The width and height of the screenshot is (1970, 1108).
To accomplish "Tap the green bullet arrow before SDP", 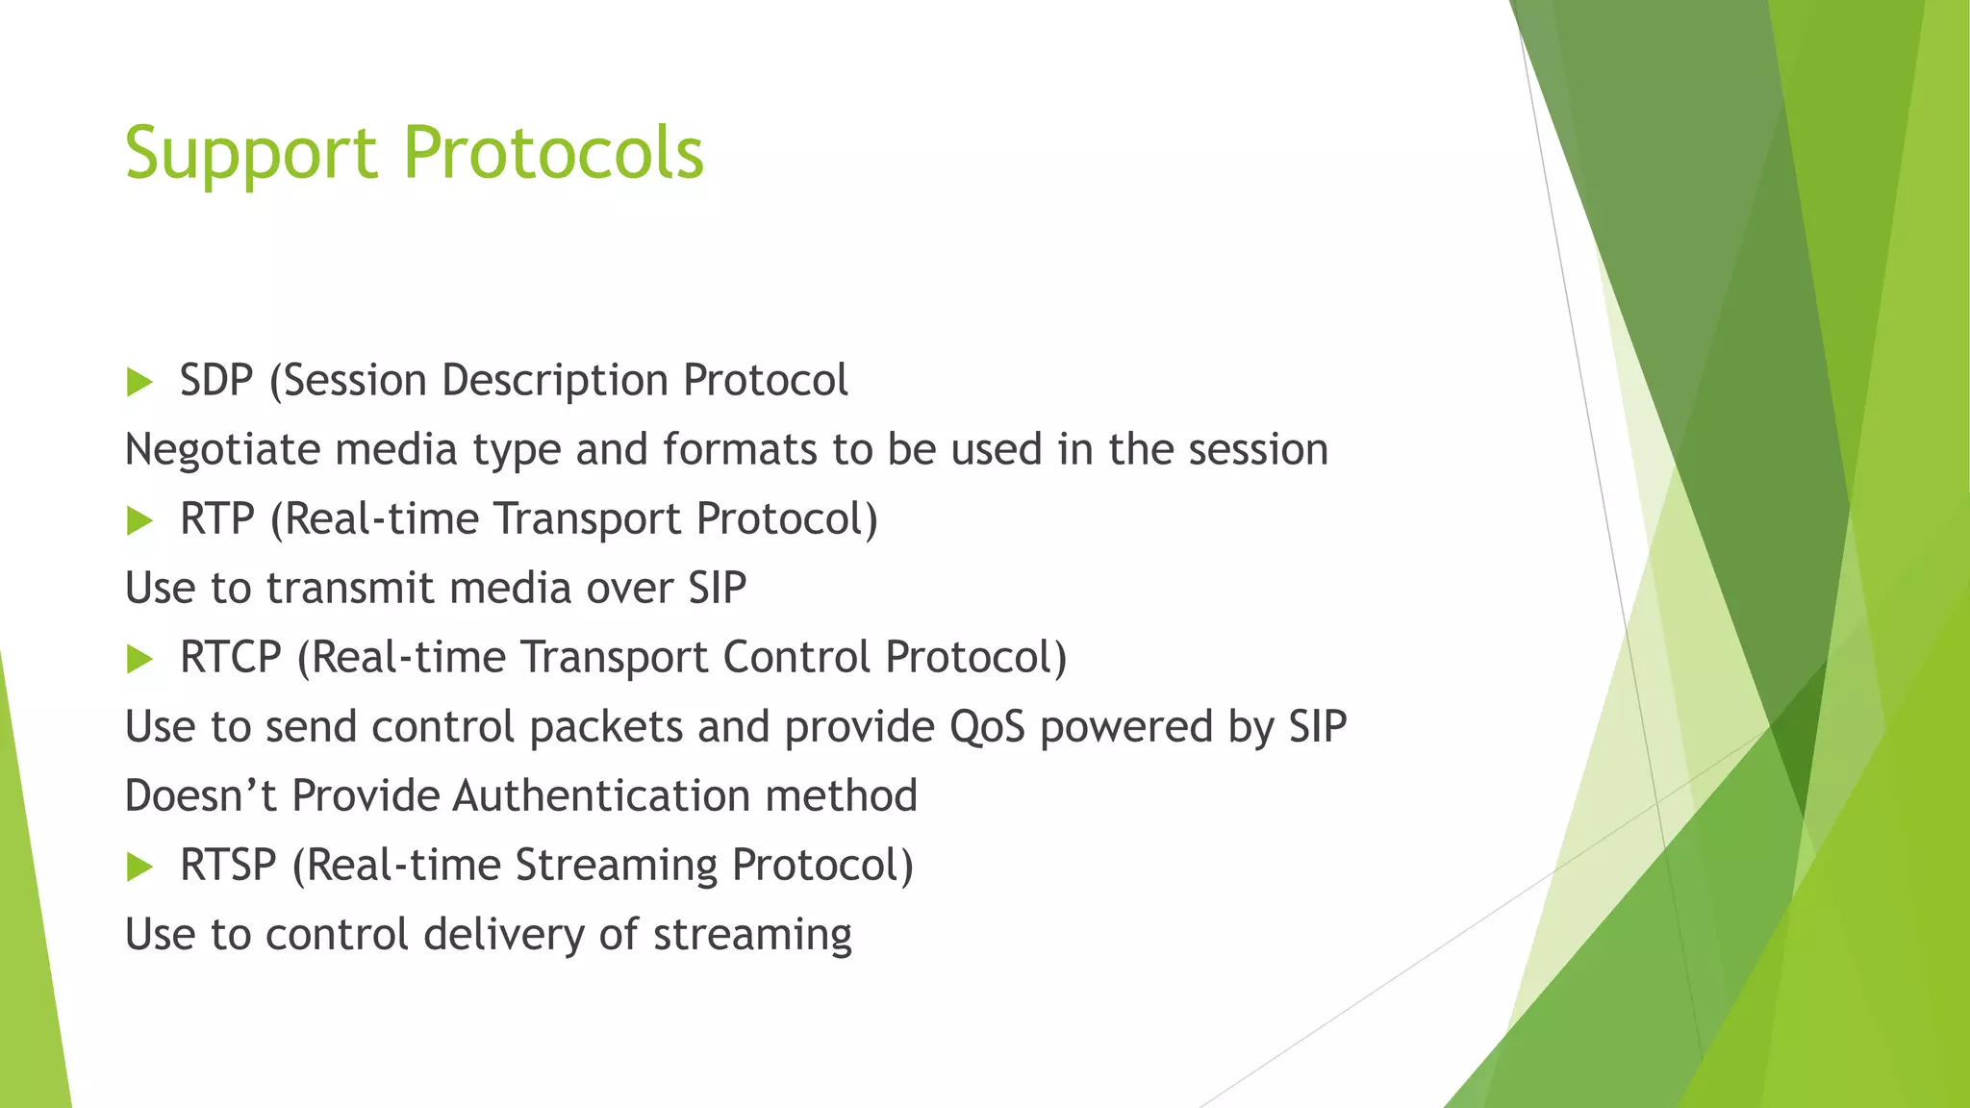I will [x=139, y=382].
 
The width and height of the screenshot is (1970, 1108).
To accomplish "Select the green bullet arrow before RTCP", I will [x=139, y=659].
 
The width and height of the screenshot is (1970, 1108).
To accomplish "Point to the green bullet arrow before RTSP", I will [x=139, y=867].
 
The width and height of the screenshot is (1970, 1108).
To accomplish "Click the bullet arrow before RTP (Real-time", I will [x=139, y=520].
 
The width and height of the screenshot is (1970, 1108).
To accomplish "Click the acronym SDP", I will [x=216, y=380].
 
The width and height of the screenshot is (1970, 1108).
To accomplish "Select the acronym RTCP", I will [x=230, y=657].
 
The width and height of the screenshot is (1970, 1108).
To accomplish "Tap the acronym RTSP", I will [x=228, y=865].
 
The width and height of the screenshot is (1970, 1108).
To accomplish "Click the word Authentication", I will [x=601, y=795].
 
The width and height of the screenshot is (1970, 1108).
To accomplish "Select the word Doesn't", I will [x=201, y=795].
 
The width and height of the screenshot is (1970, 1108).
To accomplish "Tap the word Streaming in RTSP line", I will [x=616, y=865].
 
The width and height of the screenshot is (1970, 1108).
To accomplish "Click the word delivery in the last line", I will [x=503, y=934].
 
